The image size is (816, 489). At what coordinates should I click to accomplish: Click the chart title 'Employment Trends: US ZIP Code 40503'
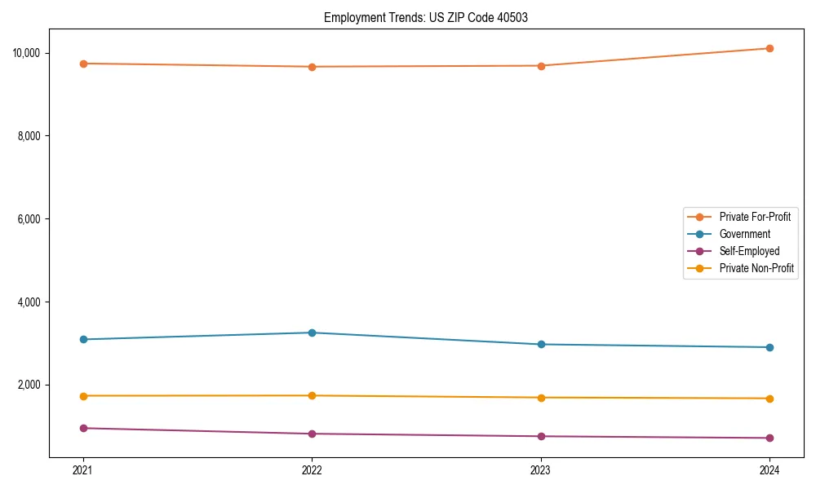click(426, 17)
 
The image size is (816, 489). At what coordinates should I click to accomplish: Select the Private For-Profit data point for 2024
click(769, 48)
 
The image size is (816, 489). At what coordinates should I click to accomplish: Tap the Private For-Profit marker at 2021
click(83, 64)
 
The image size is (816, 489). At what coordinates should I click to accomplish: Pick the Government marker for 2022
click(312, 333)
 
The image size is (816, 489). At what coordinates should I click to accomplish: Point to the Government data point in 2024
click(769, 347)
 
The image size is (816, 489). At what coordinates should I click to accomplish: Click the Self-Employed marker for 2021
click(83, 428)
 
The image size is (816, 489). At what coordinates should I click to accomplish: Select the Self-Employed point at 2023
click(541, 436)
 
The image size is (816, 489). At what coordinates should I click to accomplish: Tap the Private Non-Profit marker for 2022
click(312, 395)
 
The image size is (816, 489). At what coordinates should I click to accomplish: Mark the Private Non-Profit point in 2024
click(769, 399)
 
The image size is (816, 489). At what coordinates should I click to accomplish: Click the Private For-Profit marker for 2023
click(541, 65)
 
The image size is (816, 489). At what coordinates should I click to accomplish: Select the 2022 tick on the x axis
click(312, 469)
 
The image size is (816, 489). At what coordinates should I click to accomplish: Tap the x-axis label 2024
click(769, 469)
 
